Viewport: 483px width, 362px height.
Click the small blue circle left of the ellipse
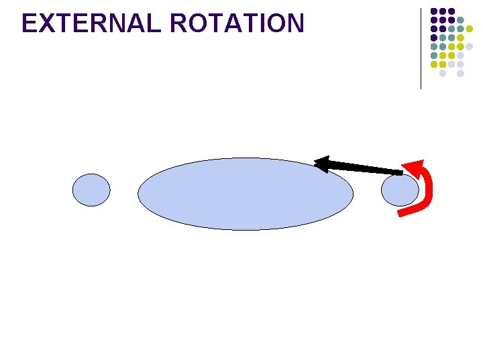pos(91,190)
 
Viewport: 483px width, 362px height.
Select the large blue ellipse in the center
pos(246,194)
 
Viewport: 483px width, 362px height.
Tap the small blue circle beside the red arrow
pos(400,190)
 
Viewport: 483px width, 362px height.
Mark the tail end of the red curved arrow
pos(400,213)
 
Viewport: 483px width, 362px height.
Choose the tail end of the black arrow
pos(400,173)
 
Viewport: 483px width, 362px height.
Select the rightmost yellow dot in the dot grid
pos(469,29)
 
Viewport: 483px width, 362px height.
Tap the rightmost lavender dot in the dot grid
pos(469,46)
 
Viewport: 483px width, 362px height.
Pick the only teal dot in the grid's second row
pos(460,20)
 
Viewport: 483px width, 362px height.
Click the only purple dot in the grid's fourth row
pos(434,38)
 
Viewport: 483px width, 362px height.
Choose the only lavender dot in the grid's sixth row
pos(460,56)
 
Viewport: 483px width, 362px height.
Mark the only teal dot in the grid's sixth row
pos(434,56)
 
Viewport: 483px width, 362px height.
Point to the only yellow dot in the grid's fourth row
pos(460,38)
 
